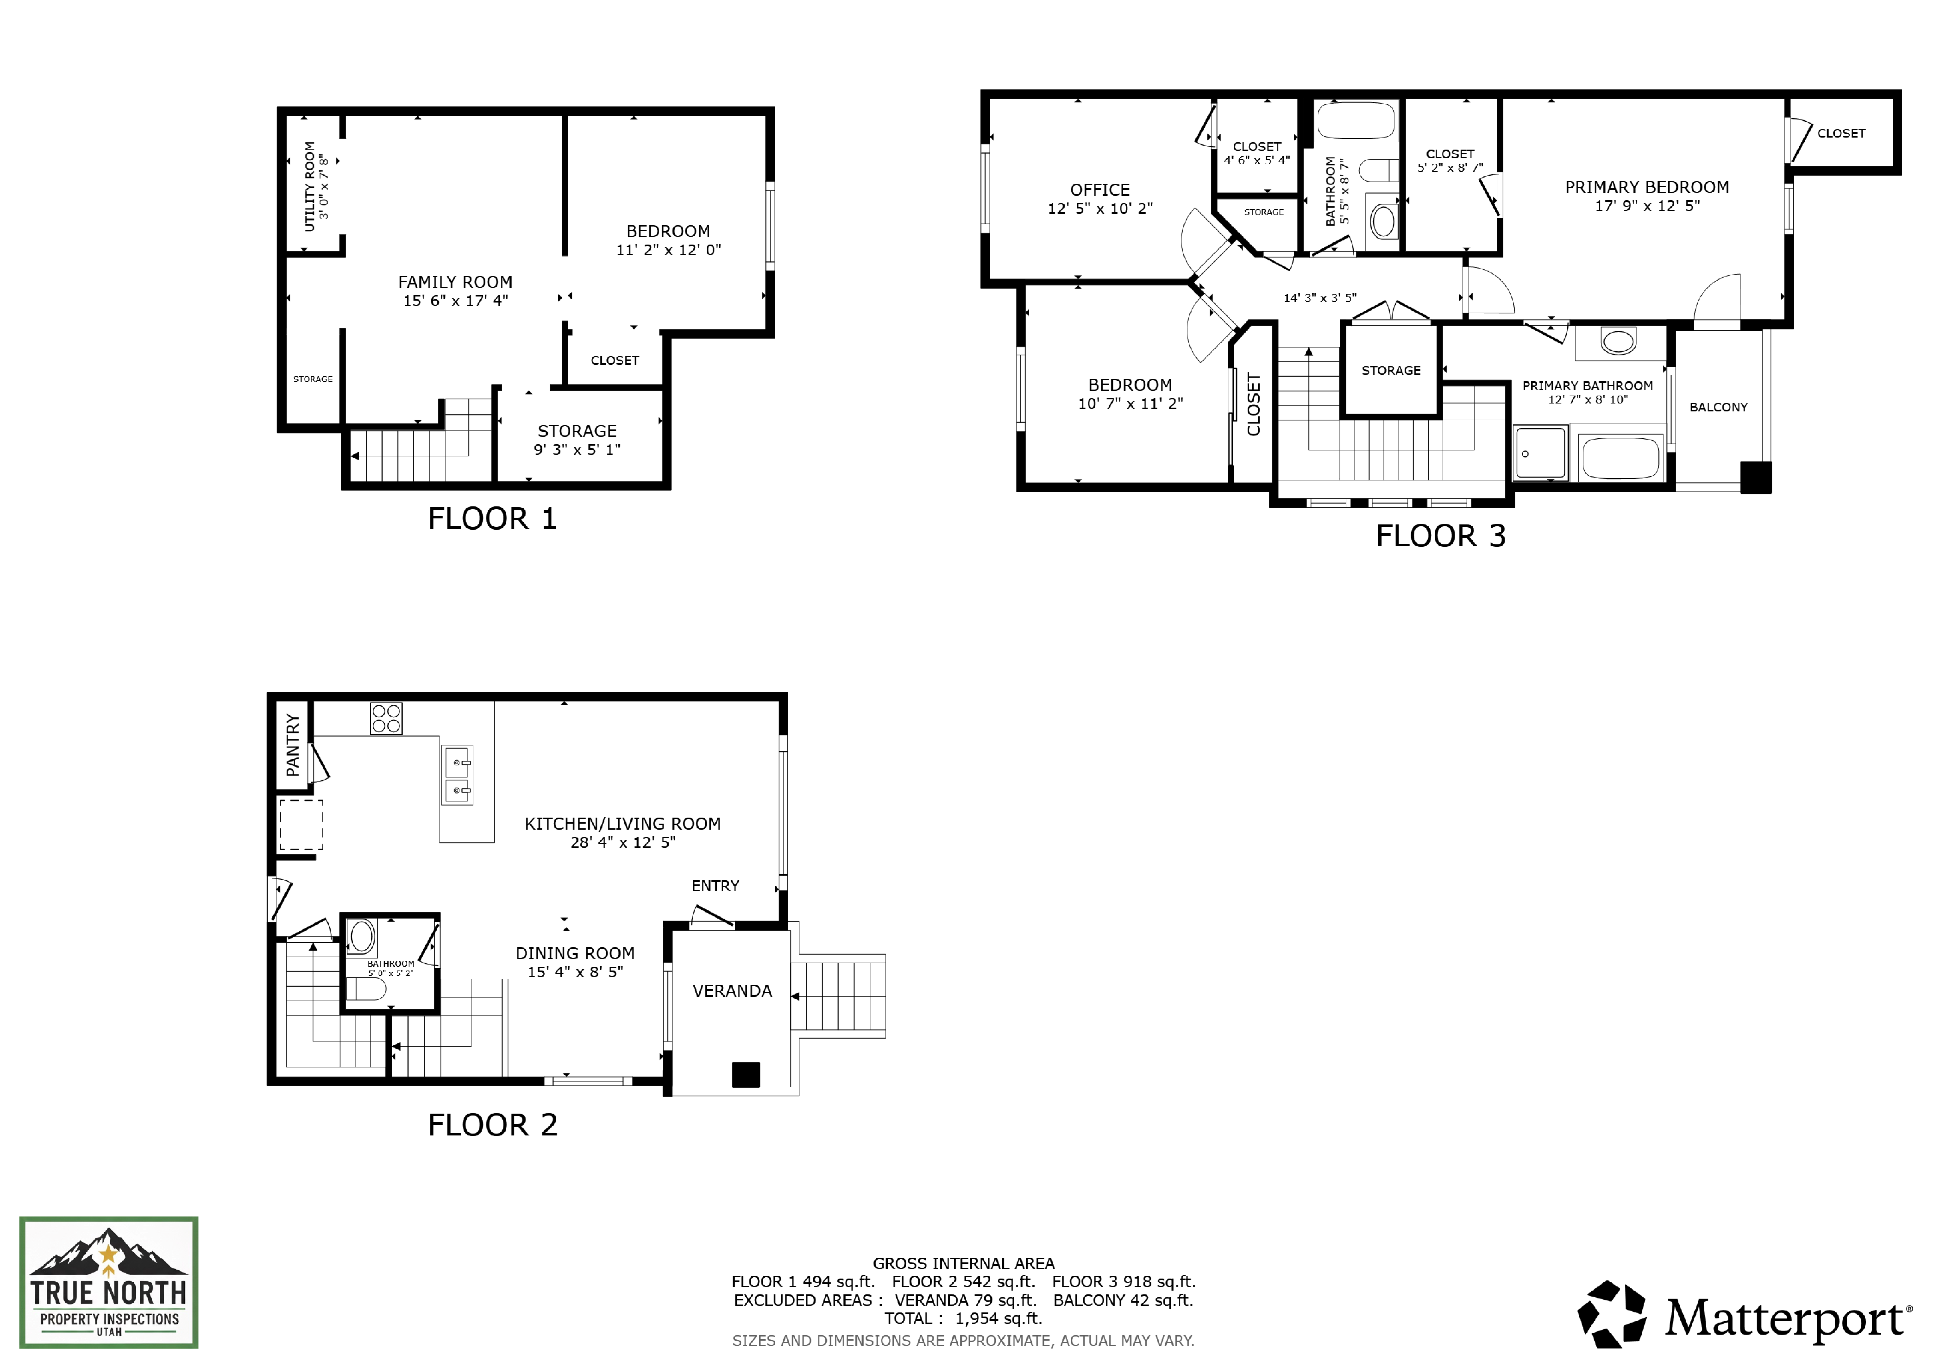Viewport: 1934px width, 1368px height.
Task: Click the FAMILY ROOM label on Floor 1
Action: [455, 282]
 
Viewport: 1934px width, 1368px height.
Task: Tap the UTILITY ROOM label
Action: [309, 186]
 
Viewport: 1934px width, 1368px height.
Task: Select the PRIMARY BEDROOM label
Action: [1647, 187]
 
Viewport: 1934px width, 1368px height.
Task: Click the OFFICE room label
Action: [1100, 189]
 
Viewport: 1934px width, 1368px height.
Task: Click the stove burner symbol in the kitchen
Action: [386, 719]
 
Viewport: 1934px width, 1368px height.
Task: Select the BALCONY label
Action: [1718, 407]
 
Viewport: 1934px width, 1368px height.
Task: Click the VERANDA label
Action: [732, 991]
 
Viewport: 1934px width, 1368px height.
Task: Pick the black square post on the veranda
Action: [746, 1075]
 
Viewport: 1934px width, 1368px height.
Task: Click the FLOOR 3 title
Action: [1440, 536]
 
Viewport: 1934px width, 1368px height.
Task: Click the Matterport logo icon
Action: [1611, 1314]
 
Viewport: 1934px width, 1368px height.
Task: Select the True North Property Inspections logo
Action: [109, 1282]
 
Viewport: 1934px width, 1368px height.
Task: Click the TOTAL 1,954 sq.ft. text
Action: [963, 1318]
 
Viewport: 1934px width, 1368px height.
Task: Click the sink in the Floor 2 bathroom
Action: [362, 936]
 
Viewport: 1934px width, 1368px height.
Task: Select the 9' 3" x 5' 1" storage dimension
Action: [577, 450]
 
